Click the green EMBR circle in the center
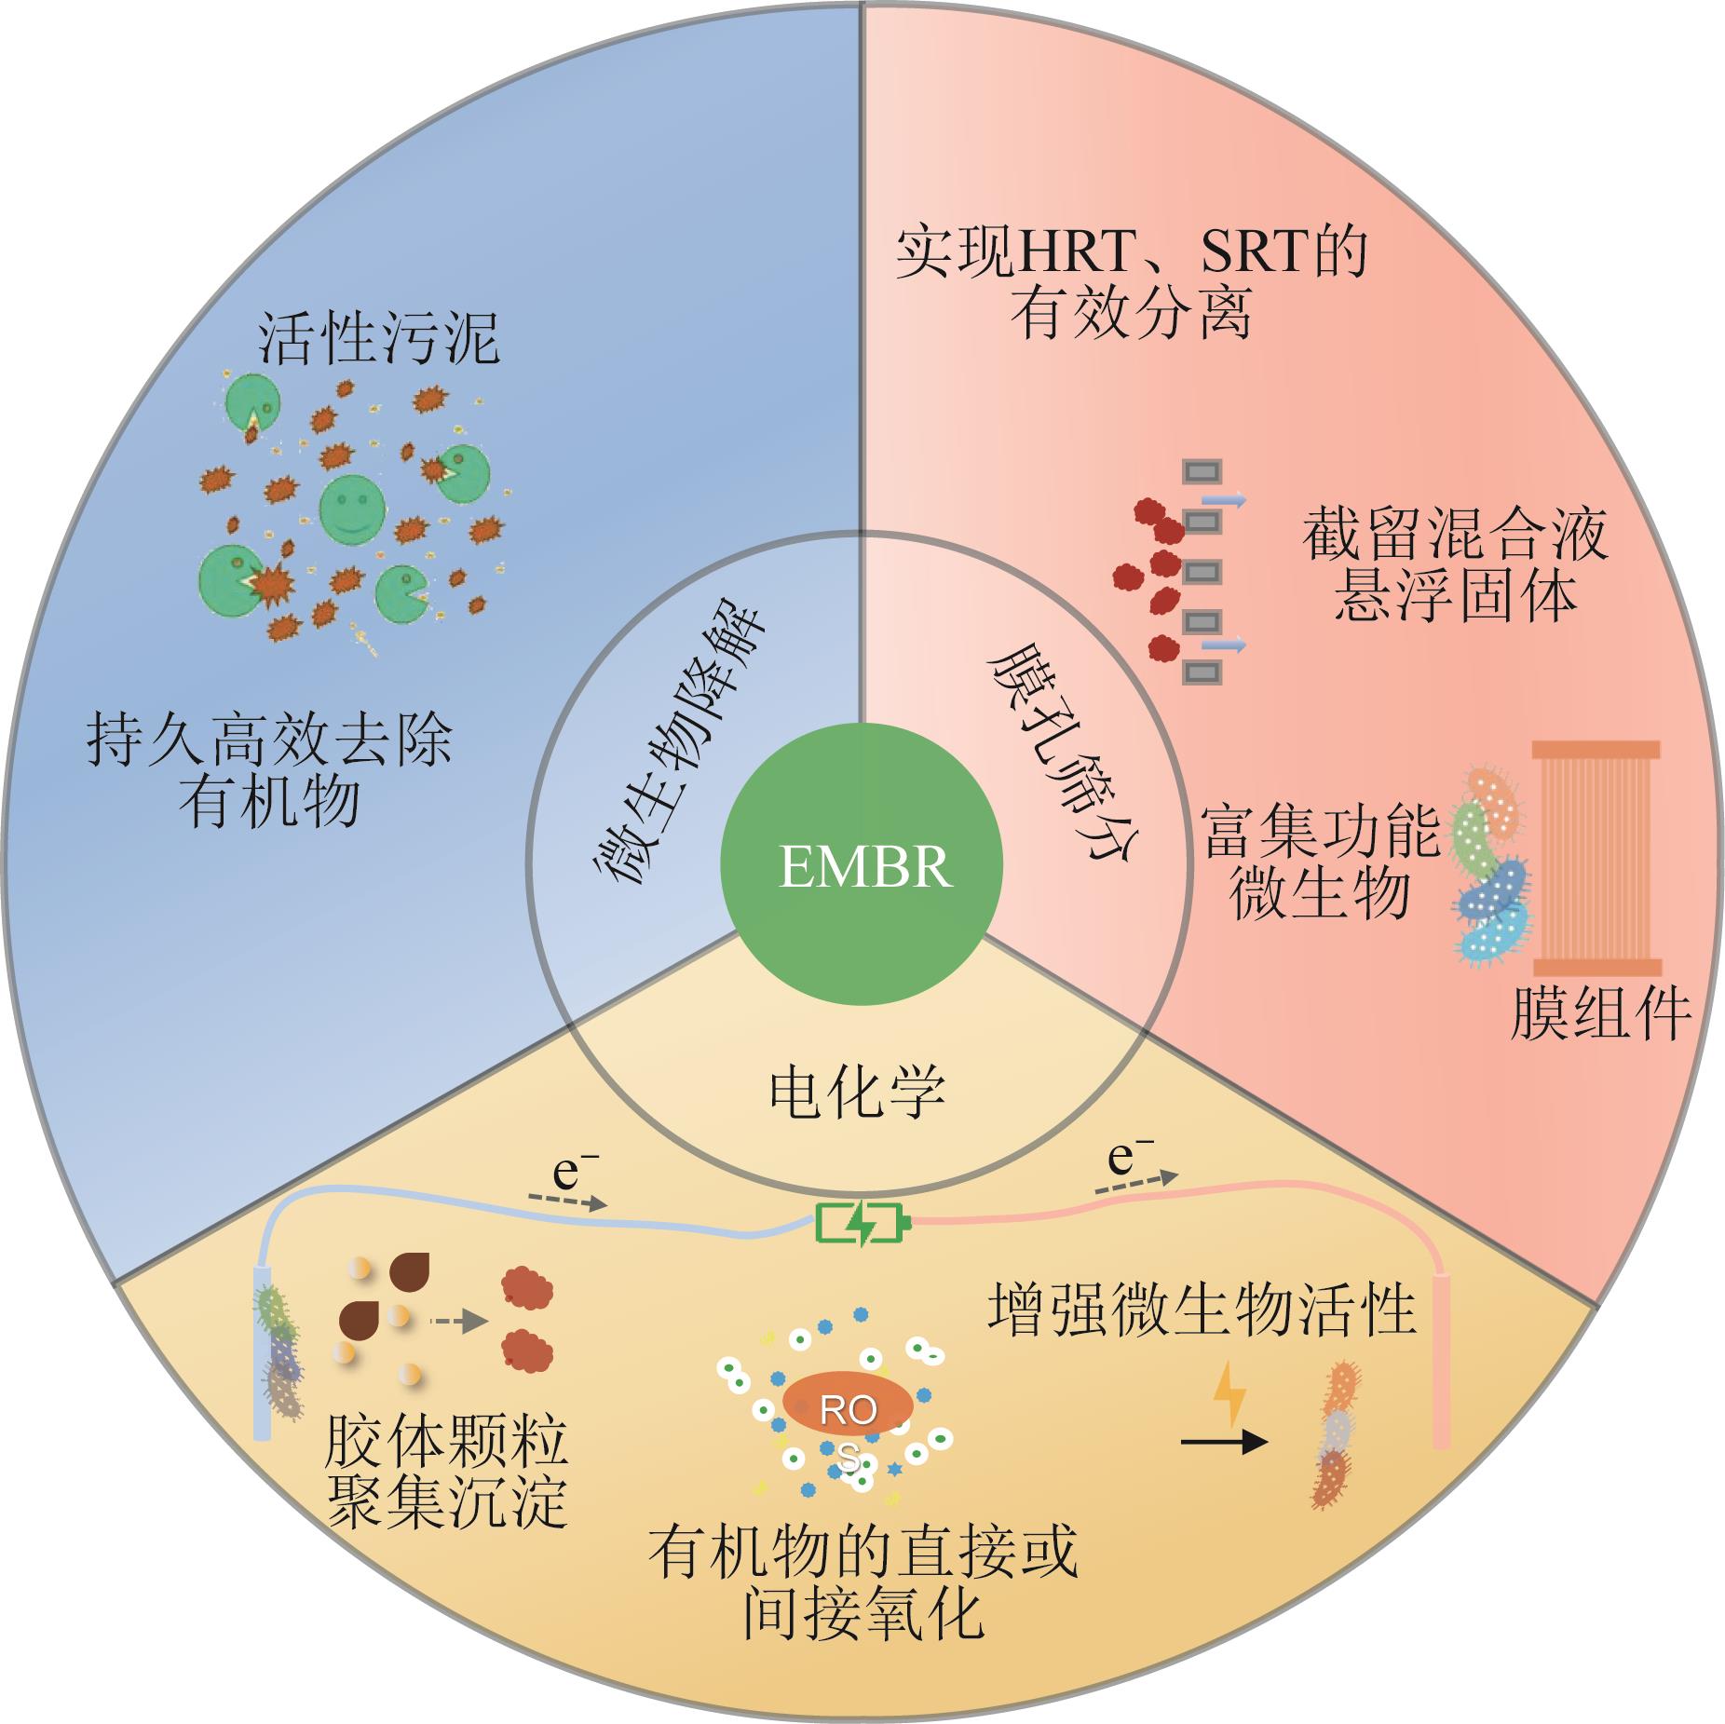click(862, 865)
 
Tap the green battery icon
click(860, 1223)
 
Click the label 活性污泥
click(378, 337)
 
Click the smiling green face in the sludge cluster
click(352, 508)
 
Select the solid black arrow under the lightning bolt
click(1224, 1443)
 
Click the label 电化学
click(857, 1092)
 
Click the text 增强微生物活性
click(1202, 1309)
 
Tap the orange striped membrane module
click(1596, 860)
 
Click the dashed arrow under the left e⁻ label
click(567, 1201)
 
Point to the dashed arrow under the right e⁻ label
click(1135, 1182)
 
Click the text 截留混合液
click(1454, 535)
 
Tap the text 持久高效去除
click(269, 741)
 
